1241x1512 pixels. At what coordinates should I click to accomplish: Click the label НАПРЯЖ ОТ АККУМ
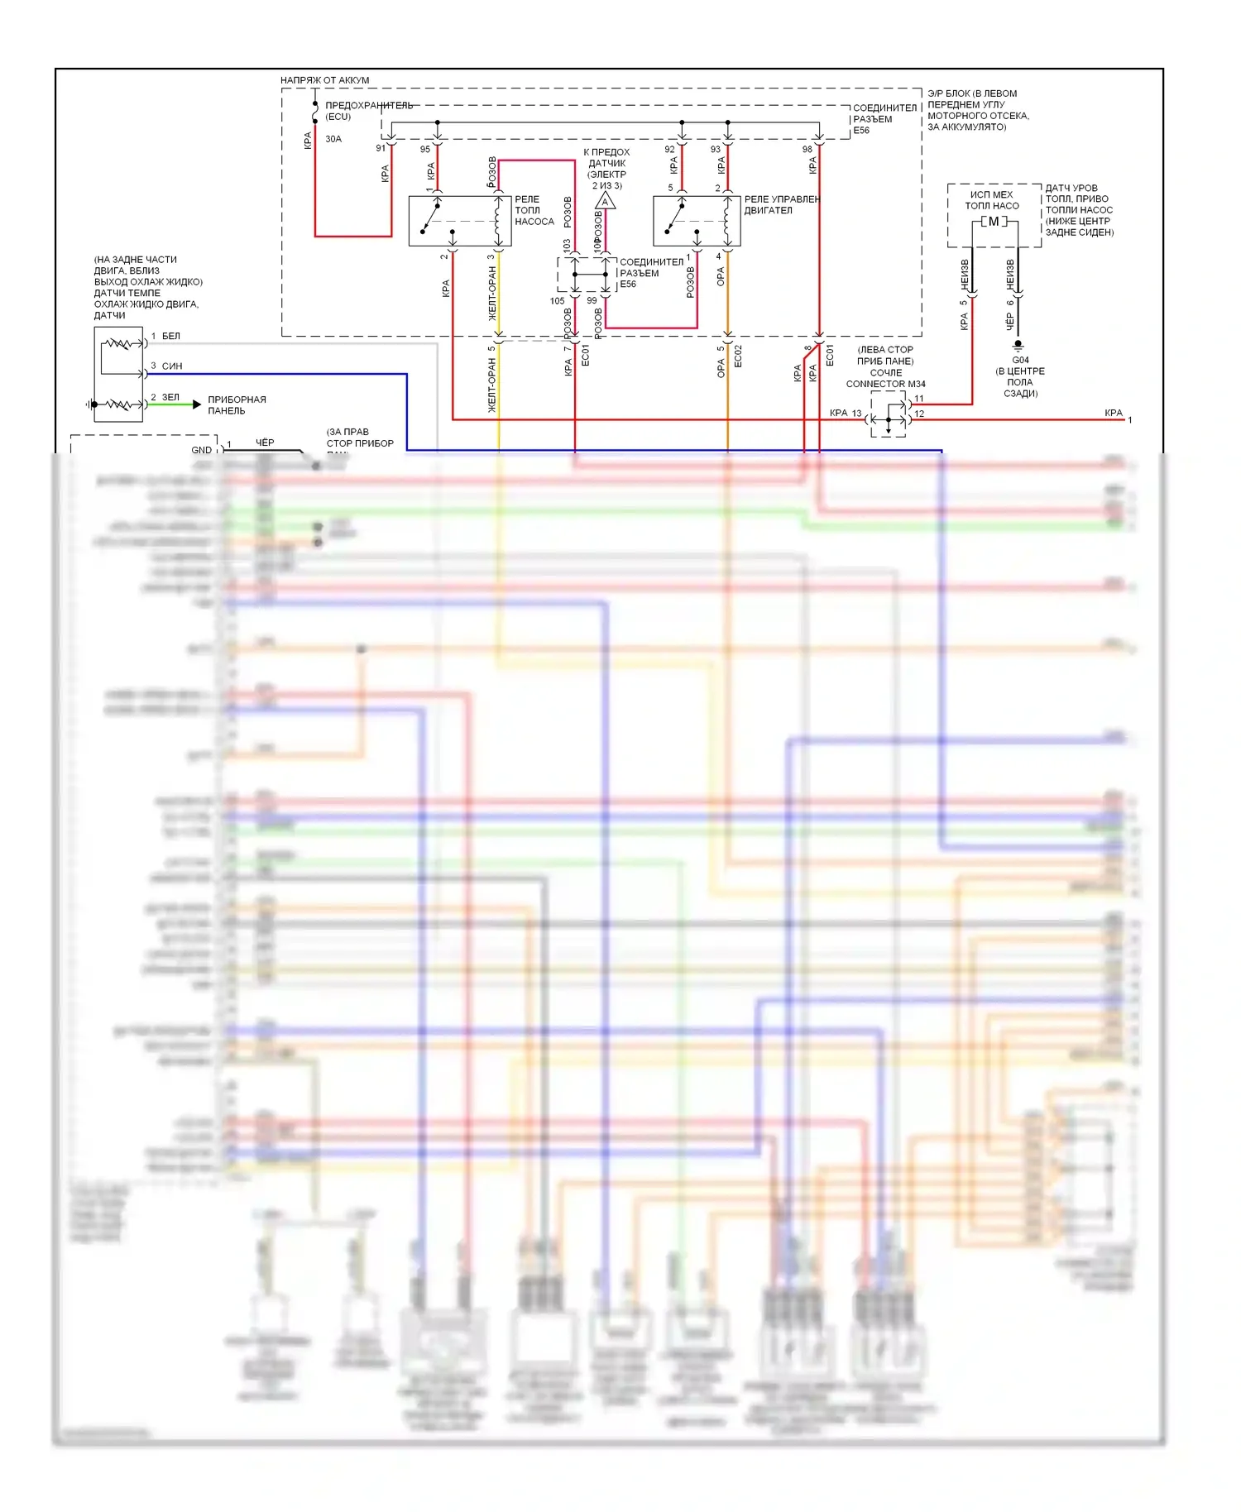pos(324,80)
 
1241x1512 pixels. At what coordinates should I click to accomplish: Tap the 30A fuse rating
pos(333,139)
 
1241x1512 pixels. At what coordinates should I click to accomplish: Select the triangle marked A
pos(606,201)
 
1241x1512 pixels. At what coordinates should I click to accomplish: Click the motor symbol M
pos(994,222)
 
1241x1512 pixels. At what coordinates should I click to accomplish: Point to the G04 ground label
pos(1020,361)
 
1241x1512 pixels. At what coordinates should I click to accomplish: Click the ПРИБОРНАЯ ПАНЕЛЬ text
pos(237,405)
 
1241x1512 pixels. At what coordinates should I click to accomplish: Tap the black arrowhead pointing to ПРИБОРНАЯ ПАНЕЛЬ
pos(197,404)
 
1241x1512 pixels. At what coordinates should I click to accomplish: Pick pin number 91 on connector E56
pos(381,149)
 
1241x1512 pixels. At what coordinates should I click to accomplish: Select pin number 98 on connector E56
pos(807,150)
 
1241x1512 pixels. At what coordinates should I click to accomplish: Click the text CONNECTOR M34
pos(885,384)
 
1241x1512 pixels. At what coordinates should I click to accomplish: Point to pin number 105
pos(557,301)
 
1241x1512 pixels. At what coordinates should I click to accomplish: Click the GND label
pos(201,450)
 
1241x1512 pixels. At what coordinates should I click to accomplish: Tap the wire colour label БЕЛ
pos(171,337)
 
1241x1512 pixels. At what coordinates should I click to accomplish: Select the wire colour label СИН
pos(172,366)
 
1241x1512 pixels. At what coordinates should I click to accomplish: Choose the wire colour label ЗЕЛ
pos(170,398)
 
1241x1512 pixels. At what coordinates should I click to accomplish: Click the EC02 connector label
pos(738,356)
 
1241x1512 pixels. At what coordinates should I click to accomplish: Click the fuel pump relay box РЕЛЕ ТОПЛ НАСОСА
pos(459,221)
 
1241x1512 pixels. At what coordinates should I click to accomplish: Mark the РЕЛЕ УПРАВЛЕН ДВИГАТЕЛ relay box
pos(697,221)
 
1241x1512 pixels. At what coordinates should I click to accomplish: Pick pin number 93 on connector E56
pos(716,150)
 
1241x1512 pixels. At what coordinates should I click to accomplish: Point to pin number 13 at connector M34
pos(857,413)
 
